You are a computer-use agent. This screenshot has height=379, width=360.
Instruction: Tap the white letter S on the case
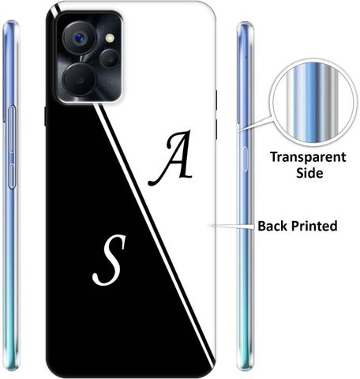coord(109,261)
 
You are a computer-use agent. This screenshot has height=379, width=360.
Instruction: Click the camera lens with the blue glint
coord(79,38)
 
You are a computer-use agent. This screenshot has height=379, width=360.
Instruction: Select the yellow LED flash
coord(110,39)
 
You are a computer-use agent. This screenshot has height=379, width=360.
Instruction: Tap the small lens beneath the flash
coord(110,58)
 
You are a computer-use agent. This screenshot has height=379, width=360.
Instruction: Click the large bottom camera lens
coord(79,79)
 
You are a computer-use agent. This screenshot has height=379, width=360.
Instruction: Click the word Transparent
coord(308,157)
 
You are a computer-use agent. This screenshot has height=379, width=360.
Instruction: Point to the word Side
coord(309,173)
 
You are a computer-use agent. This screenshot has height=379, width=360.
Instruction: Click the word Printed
coord(314,226)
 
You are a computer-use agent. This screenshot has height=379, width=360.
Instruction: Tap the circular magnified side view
coord(312,103)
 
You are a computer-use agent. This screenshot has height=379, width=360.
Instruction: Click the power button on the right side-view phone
coord(245,159)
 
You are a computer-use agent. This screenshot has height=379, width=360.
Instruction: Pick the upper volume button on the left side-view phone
coord(12,129)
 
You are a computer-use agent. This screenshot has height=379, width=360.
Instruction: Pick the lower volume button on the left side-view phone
coord(12,176)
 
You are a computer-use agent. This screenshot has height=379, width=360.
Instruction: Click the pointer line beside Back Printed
coord(231,226)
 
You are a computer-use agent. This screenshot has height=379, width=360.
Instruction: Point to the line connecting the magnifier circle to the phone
coord(256,124)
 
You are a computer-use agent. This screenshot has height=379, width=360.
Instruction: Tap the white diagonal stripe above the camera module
coord(56,8)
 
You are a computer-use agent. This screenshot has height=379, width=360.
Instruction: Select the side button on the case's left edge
coord(45,116)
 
